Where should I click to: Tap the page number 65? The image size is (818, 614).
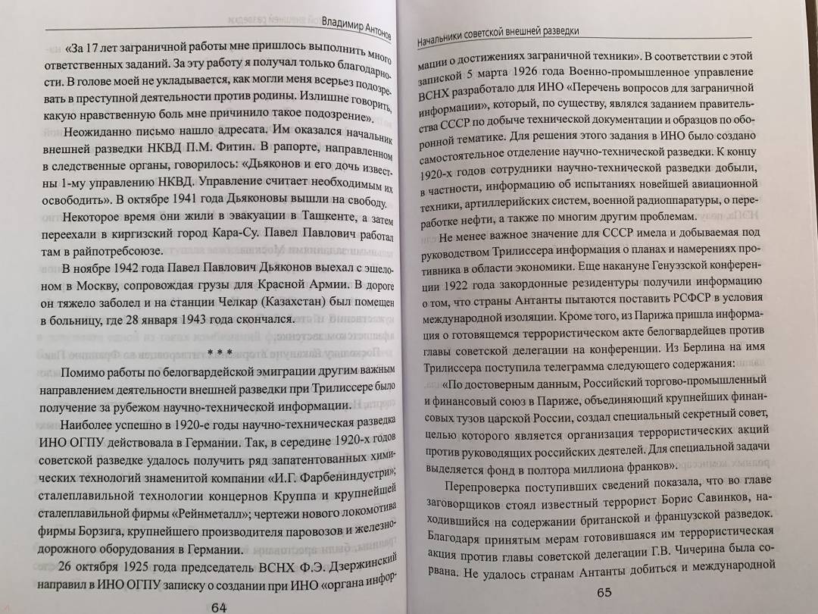coord(587,593)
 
